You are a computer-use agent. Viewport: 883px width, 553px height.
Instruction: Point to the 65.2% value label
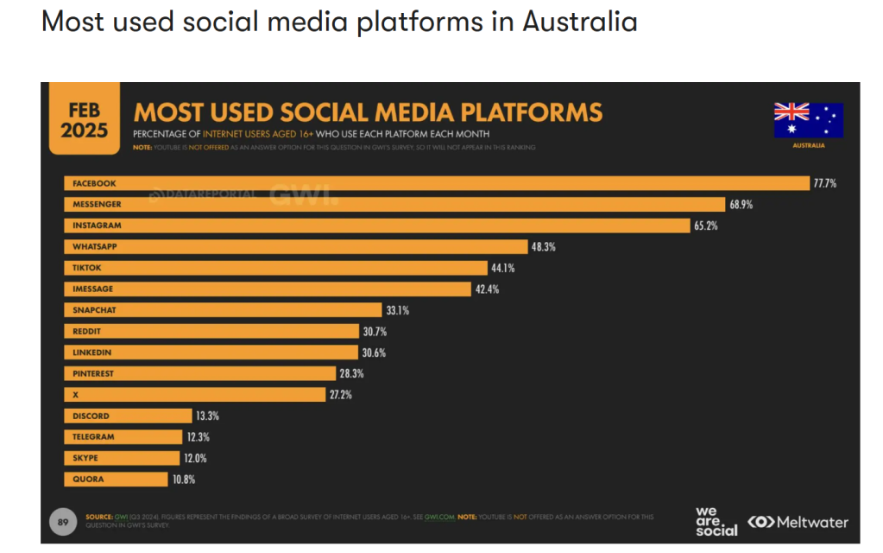(705, 226)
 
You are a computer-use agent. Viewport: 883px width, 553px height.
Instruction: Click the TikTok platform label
(87, 268)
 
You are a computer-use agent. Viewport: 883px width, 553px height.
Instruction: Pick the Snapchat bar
(223, 310)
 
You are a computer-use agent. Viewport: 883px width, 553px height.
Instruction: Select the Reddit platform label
(88, 331)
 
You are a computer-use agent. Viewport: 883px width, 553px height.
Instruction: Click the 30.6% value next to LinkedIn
(375, 353)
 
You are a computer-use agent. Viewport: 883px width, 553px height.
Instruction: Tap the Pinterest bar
(199, 373)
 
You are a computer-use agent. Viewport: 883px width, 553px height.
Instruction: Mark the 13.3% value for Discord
(207, 416)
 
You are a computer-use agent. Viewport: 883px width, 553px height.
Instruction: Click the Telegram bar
(123, 437)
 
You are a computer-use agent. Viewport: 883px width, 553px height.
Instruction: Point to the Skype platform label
(85, 458)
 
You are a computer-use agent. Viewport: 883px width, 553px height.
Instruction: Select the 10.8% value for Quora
(184, 480)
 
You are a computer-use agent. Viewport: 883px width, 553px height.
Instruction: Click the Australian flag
(808, 120)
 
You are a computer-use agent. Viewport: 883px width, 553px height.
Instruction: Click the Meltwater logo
(798, 522)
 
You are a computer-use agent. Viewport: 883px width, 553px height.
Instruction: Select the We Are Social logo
(716, 521)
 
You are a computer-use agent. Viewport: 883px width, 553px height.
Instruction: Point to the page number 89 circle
(62, 522)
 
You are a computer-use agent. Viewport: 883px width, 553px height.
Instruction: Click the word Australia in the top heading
(579, 21)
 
